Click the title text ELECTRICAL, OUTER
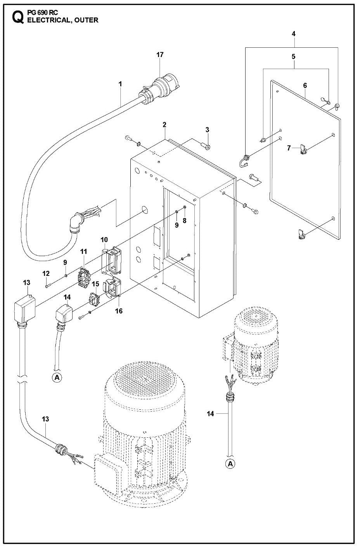[62, 21]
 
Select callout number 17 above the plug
[160, 55]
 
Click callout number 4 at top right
[294, 34]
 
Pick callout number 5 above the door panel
[294, 57]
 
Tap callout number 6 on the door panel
[305, 85]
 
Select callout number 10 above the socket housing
[104, 239]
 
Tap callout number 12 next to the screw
[46, 274]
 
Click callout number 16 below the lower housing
[119, 310]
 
